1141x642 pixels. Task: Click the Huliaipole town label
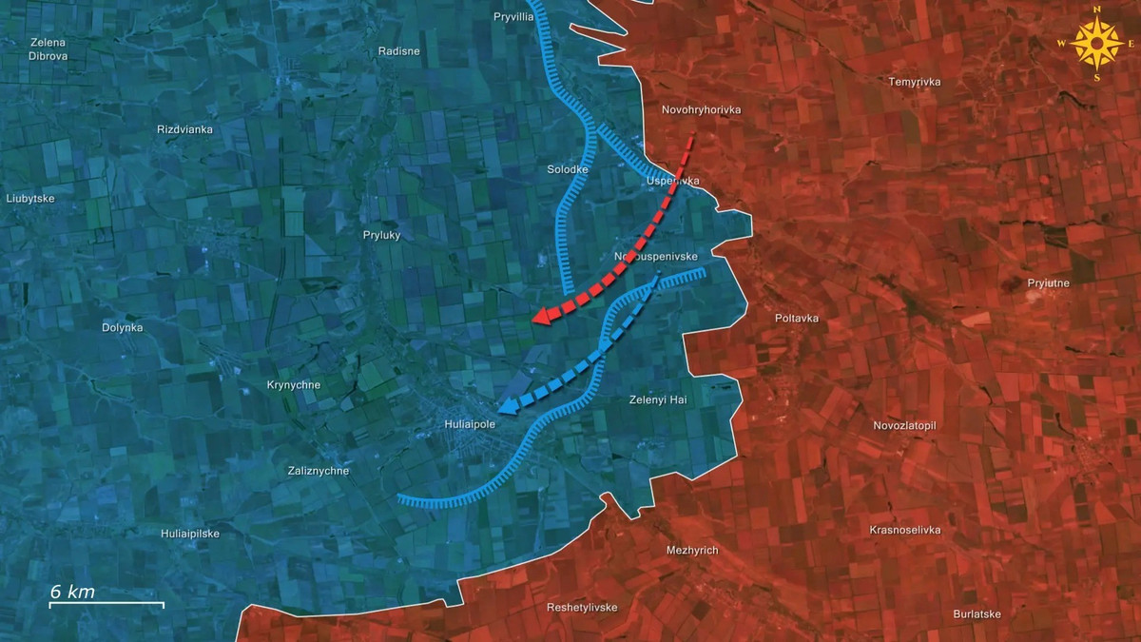pos(470,424)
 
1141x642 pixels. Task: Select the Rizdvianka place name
pos(184,128)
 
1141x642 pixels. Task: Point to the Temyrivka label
pos(915,82)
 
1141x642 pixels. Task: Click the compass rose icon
pos(1096,44)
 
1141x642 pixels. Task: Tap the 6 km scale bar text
pos(72,592)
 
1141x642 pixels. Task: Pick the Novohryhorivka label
pos(701,110)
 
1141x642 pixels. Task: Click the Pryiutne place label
pos(1049,282)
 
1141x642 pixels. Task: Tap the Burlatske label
pos(977,613)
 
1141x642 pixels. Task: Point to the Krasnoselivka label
pos(905,530)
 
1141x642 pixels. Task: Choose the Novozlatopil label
pos(905,425)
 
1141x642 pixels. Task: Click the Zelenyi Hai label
pos(658,400)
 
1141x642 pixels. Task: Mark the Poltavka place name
pos(797,319)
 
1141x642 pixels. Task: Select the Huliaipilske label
pos(194,534)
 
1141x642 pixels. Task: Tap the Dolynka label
pos(123,327)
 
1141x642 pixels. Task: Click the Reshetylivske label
pos(582,607)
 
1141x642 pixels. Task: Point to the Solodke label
pos(569,169)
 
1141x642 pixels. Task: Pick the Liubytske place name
pos(30,199)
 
